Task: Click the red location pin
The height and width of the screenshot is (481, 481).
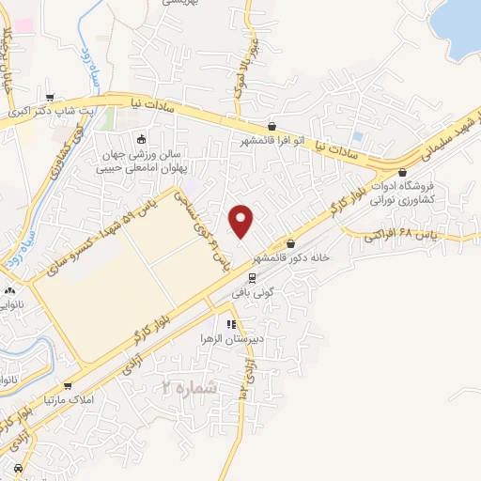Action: coord(242,221)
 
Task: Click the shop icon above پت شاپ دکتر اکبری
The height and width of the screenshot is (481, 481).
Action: coord(50,97)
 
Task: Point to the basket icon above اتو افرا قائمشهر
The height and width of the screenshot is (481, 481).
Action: coord(272,126)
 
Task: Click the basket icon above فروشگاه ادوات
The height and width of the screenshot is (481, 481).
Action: coord(402,173)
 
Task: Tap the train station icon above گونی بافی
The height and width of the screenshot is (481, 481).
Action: coord(252,277)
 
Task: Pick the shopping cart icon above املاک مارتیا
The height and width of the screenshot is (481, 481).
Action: coord(67,385)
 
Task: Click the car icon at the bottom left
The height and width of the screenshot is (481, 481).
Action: coord(19,467)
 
